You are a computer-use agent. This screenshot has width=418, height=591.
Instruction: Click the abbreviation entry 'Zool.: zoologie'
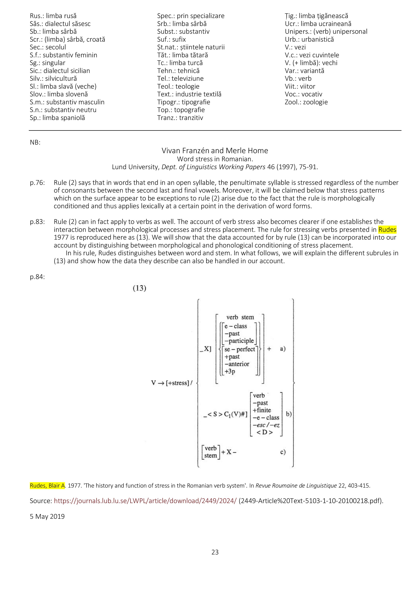coord(306,102)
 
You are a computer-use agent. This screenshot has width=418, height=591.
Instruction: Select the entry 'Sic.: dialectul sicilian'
coord(60,71)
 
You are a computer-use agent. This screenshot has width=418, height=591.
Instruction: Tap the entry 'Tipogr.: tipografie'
coord(184,102)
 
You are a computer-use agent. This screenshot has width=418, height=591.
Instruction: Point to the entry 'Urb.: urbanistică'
coord(309,39)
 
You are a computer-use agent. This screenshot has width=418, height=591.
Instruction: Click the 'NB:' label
coord(35,143)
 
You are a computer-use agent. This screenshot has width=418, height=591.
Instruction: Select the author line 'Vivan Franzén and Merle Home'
coord(215,151)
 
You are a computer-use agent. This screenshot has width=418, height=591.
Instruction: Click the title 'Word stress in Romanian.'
coord(215,159)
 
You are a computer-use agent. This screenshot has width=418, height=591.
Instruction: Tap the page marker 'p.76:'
coord(37,183)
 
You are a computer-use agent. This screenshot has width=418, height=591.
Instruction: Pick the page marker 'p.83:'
coord(37,222)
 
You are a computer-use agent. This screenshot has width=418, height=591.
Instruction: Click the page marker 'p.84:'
coord(37,277)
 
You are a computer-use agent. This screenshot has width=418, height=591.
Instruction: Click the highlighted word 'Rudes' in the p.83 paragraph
coord(387,230)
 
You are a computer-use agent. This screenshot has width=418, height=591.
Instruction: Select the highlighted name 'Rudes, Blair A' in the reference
coord(47,486)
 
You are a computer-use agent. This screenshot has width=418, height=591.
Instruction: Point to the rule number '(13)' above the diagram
coord(139,288)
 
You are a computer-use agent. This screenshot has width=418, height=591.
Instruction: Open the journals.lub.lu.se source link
coord(145,501)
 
